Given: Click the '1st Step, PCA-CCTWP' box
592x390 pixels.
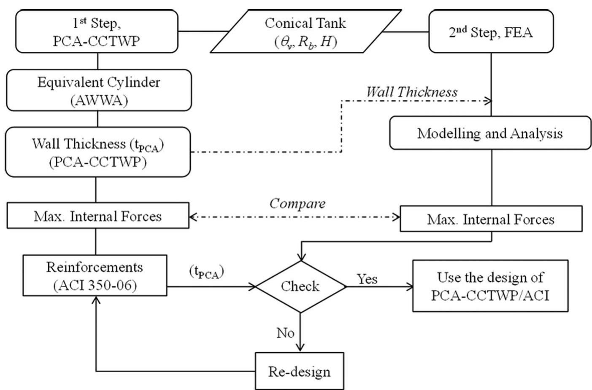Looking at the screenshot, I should click(x=96, y=32).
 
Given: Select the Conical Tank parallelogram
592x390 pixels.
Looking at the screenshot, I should click(x=305, y=32).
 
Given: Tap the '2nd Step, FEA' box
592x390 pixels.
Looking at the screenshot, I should click(x=491, y=32).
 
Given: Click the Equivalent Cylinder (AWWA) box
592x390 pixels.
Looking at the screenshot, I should click(x=98, y=90).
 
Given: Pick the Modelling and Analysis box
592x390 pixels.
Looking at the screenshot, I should click(x=490, y=134).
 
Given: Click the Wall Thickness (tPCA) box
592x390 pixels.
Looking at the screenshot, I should click(x=97, y=152).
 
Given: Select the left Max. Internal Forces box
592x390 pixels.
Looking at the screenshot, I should click(x=97, y=216).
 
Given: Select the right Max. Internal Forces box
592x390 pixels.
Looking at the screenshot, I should click(x=491, y=219).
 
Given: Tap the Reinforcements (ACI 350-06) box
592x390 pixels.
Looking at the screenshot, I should click(x=95, y=276).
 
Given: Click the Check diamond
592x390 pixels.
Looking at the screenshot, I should click(x=300, y=286).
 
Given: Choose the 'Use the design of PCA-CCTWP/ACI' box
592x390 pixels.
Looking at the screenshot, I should click(x=490, y=286).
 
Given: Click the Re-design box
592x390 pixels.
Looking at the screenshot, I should click(x=300, y=371).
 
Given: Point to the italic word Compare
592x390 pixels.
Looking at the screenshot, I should click(x=297, y=204).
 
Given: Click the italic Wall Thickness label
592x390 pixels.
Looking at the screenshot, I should click(x=411, y=92).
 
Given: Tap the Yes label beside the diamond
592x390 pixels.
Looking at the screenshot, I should click(x=367, y=279).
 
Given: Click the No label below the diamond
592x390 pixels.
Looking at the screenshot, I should click(x=285, y=333).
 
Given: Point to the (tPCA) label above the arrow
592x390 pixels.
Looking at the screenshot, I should click(x=206, y=272).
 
